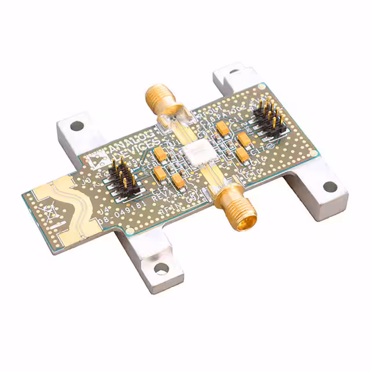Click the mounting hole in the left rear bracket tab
coord(75,125)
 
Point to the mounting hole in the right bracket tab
coord(328,187)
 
